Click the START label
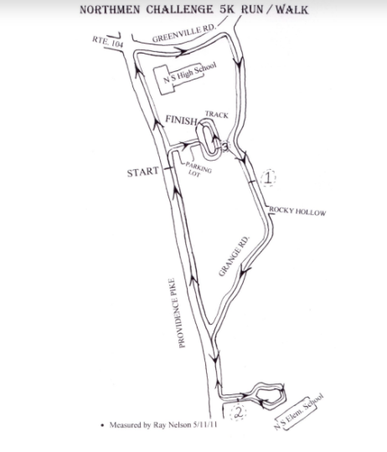coord(142,172)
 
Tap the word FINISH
coord(181,120)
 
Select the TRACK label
coord(217,115)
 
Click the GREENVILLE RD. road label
coord(184,33)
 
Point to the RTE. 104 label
coord(107,42)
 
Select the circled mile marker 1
coord(268,177)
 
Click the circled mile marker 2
coord(238,413)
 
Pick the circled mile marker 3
coord(225,146)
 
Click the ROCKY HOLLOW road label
coord(297,211)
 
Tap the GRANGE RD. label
coord(234,256)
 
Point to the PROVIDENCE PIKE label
coord(177,313)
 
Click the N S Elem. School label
coord(298,412)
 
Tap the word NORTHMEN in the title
coord(110,10)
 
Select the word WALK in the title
coord(292,10)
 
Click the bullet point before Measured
coord(102,425)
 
